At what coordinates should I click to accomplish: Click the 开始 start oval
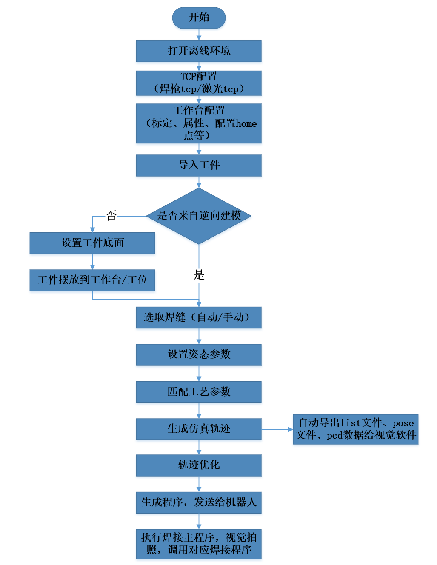pos(199,18)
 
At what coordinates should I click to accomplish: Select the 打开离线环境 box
pos(199,51)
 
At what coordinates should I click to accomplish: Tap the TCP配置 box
pos(199,83)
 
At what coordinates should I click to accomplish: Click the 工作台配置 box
pos(199,123)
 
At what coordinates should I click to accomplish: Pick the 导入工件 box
pos(199,165)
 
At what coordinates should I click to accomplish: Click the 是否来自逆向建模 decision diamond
pos(199,216)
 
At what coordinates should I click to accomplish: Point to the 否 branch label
pos(111,216)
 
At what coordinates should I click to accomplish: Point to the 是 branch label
pos(199,275)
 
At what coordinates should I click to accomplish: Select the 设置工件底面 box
pos(92,243)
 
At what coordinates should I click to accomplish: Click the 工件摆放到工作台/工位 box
pos(92,280)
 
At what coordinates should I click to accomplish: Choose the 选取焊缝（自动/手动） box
pos(199,317)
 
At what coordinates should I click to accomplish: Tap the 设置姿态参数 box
pos(199,354)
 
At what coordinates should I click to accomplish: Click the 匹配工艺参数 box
pos(199,392)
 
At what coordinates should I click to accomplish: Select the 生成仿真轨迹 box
pos(199,429)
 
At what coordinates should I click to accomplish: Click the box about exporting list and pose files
pos(356,429)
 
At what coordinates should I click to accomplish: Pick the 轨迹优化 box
pos(199,465)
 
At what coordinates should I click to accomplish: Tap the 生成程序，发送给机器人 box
pos(199,502)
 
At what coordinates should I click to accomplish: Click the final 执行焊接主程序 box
pos(199,544)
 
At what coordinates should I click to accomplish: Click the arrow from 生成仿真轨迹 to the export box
pos(277,429)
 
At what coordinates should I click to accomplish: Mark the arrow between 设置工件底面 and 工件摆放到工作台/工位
pos(92,262)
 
